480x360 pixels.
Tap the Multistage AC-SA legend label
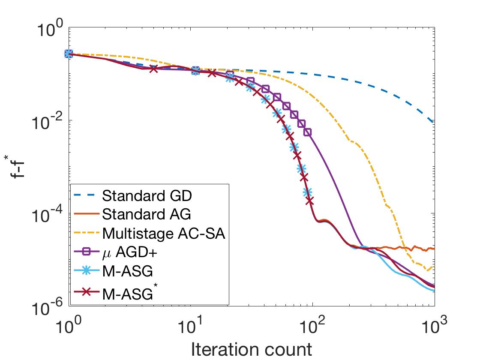tap(164, 234)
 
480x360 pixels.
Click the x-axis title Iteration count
tap(251, 349)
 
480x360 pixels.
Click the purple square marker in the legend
tap(86, 253)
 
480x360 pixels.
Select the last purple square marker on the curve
tap(308, 132)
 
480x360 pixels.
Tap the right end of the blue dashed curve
tap(434, 123)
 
